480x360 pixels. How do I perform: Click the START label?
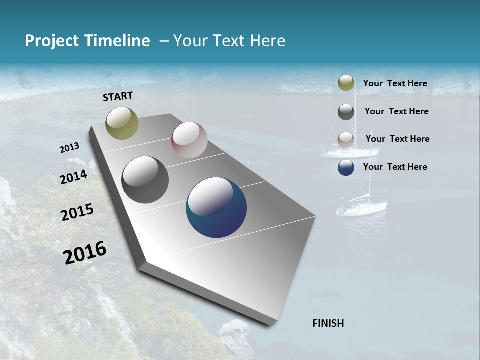pos(118,96)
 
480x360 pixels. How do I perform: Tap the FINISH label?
pos(328,323)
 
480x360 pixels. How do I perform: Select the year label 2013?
pos(70,148)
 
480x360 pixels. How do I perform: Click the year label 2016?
pos(85,253)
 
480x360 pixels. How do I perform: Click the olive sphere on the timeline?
pos(122,123)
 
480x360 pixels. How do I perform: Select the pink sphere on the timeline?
pos(189,140)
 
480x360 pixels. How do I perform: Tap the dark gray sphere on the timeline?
pos(145,180)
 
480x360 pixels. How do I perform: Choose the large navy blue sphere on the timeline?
pos(216,208)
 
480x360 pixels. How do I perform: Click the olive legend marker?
pos(346,83)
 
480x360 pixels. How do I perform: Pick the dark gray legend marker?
pos(346,112)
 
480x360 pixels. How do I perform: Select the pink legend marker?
pos(346,139)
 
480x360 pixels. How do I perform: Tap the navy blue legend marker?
pos(346,167)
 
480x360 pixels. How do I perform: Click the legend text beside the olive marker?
pos(395,84)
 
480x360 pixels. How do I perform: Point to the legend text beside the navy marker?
pos(395,167)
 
